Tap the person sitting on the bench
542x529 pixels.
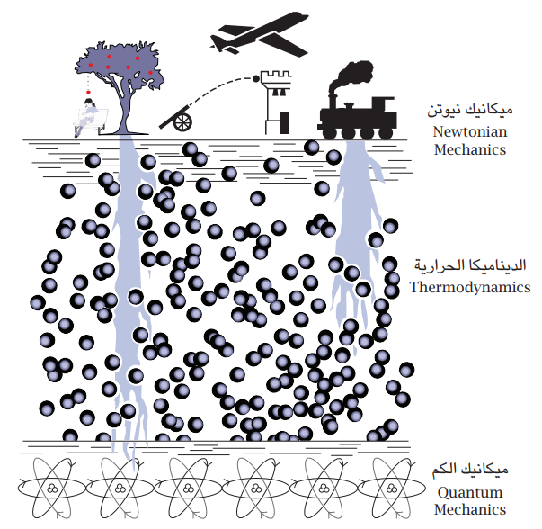pos(87,115)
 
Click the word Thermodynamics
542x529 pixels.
pos(469,288)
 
